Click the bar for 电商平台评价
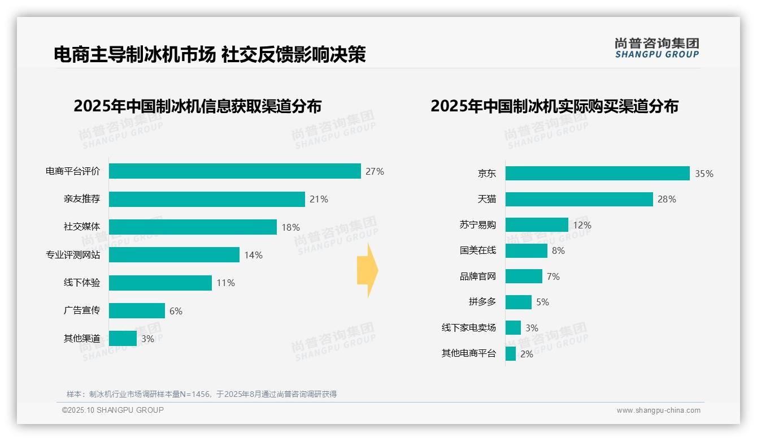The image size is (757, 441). pos(234,171)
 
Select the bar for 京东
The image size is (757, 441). pos(597,174)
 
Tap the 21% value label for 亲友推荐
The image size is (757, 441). pos(319,199)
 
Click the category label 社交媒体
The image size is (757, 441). pos(82,227)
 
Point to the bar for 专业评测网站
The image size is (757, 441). pos(174,255)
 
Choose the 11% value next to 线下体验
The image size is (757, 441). pos(225,283)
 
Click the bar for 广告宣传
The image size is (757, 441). pos(137,311)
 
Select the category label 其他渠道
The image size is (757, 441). pos(82,339)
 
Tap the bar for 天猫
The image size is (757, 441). pos(579,199)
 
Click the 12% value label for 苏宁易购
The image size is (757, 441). pos(582,225)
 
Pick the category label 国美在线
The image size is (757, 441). pos(478,250)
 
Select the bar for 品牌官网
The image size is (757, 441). pos(524,276)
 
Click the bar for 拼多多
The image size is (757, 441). pos(519,302)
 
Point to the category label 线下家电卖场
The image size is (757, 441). pos(469,328)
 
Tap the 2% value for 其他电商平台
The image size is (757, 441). pos(527,354)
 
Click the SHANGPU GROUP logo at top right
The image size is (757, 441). pos(656,48)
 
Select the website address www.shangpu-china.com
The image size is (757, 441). pos(658,410)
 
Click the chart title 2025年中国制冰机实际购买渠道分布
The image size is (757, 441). pos(554,106)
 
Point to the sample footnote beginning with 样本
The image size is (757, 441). pos(202,394)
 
